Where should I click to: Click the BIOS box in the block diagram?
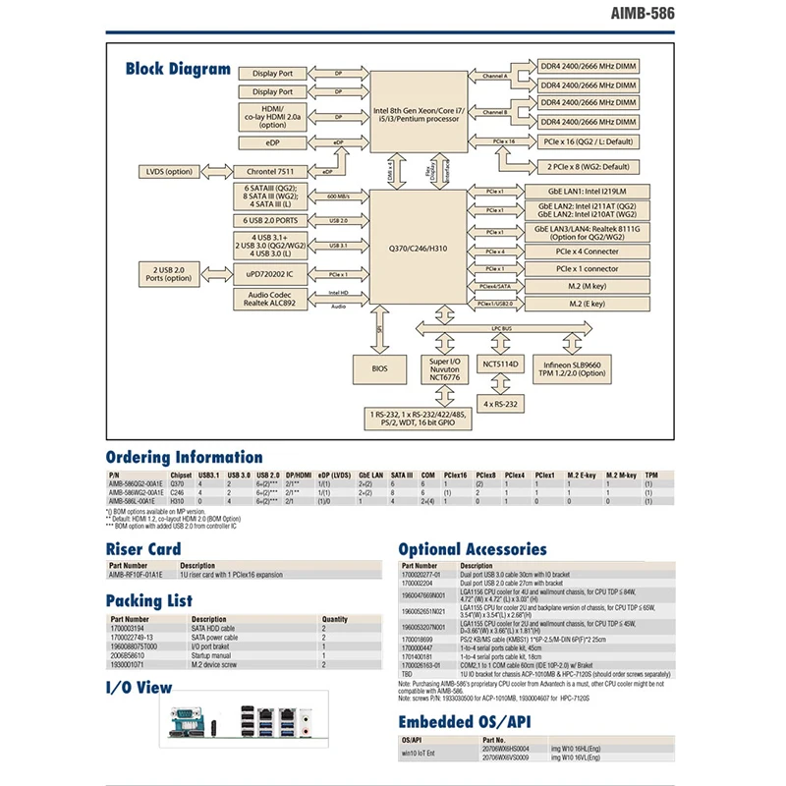point(380,369)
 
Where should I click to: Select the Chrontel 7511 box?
point(272,171)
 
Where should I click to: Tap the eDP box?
point(272,143)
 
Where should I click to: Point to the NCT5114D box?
point(503,364)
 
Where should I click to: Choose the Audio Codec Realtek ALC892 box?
point(272,301)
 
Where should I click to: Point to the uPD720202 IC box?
point(272,272)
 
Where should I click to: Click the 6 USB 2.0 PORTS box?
point(272,220)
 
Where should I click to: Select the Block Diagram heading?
point(178,69)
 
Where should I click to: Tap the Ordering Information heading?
point(184,457)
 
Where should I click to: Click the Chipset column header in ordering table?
point(181,475)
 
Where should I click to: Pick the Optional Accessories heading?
point(472,549)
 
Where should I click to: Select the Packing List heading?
point(149,599)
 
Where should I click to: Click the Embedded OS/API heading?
point(464,722)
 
